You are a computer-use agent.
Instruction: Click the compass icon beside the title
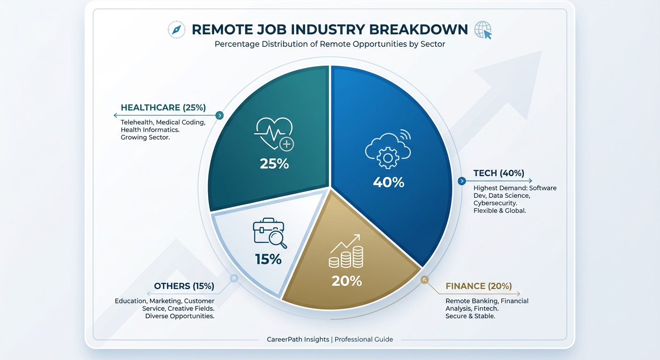[x=176, y=30]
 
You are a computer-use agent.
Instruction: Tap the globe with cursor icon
[x=483, y=30]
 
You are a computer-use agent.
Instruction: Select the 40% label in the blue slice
[x=389, y=182]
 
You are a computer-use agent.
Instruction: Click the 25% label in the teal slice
[x=274, y=164]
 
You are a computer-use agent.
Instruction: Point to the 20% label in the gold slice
[x=347, y=281]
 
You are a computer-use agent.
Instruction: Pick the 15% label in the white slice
[x=268, y=259]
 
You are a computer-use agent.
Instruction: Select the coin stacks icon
[x=347, y=252]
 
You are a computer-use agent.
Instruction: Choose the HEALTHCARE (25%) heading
[x=163, y=108]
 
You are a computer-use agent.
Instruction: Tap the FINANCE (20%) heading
[x=479, y=286]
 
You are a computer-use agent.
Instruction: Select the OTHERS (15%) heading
[x=184, y=286]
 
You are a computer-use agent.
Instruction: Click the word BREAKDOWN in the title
[x=419, y=30]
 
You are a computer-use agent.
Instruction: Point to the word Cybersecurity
[x=495, y=203]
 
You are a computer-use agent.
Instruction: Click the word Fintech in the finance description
[x=486, y=308]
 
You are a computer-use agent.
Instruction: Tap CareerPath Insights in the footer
[x=298, y=339]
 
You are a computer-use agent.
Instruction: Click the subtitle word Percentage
[x=237, y=45]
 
